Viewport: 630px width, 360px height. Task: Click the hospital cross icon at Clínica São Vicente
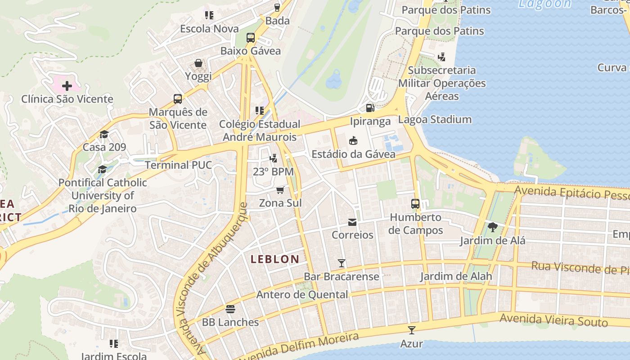tap(67, 85)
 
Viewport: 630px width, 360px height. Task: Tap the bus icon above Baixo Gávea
tap(251, 38)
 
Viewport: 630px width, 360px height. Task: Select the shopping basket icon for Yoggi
tap(198, 63)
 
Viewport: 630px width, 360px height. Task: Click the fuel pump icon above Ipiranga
tap(370, 108)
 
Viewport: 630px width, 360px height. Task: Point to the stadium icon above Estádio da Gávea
tap(353, 140)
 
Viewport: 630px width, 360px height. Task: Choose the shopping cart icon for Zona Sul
tap(280, 190)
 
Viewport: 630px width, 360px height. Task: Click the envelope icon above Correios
tap(352, 222)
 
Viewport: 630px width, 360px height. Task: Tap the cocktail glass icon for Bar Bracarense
tap(342, 263)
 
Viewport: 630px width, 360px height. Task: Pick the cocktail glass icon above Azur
tap(411, 330)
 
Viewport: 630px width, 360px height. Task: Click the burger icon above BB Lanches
tap(230, 309)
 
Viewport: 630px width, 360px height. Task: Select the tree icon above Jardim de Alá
tap(492, 227)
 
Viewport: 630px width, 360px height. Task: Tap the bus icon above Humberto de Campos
tap(415, 204)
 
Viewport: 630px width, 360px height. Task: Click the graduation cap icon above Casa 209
tap(104, 134)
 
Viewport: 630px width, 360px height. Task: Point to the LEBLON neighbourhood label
tap(274, 259)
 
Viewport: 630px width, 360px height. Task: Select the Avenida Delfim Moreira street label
tap(297, 346)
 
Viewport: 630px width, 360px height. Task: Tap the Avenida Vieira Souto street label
tap(553, 320)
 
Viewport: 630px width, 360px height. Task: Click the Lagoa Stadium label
tap(435, 120)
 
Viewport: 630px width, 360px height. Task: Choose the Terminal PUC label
tap(178, 165)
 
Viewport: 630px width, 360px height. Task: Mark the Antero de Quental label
tap(302, 295)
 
